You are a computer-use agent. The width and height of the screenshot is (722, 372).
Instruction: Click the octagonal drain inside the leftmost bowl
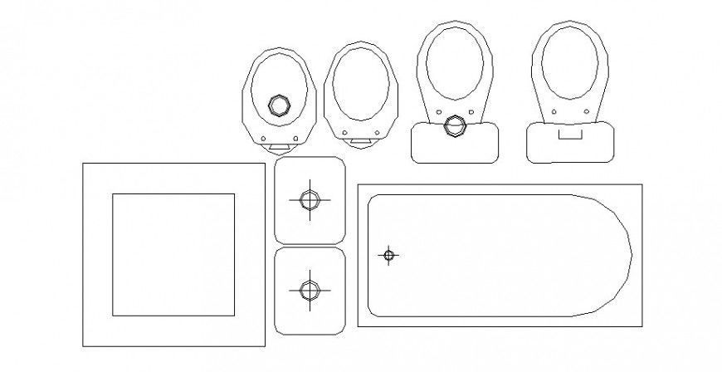(x=279, y=105)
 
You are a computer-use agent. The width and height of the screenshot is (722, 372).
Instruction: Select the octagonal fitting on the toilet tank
(x=454, y=127)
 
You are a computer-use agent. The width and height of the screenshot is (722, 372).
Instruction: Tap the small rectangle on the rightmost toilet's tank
(x=569, y=132)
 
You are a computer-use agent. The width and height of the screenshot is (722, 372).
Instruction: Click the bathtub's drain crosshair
(x=388, y=255)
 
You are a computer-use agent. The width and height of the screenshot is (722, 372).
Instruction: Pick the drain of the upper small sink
(x=309, y=200)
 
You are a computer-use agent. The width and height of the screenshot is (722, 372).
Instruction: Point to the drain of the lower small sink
(x=309, y=290)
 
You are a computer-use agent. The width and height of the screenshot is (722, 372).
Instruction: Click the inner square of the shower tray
(x=173, y=254)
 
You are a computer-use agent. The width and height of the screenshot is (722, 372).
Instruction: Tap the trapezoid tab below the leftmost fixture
(x=279, y=146)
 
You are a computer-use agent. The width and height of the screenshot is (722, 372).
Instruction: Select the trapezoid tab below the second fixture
(x=359, y=142)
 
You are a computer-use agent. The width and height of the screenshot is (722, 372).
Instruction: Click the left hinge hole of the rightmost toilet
(x=551, y=113)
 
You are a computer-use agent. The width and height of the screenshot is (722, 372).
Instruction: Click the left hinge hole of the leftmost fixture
(x=262, y=138)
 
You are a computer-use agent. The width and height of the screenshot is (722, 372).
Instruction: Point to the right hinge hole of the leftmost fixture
(x=295, y=138)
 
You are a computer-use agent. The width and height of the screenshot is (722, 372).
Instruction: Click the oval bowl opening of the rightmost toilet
(x=570, y=66)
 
